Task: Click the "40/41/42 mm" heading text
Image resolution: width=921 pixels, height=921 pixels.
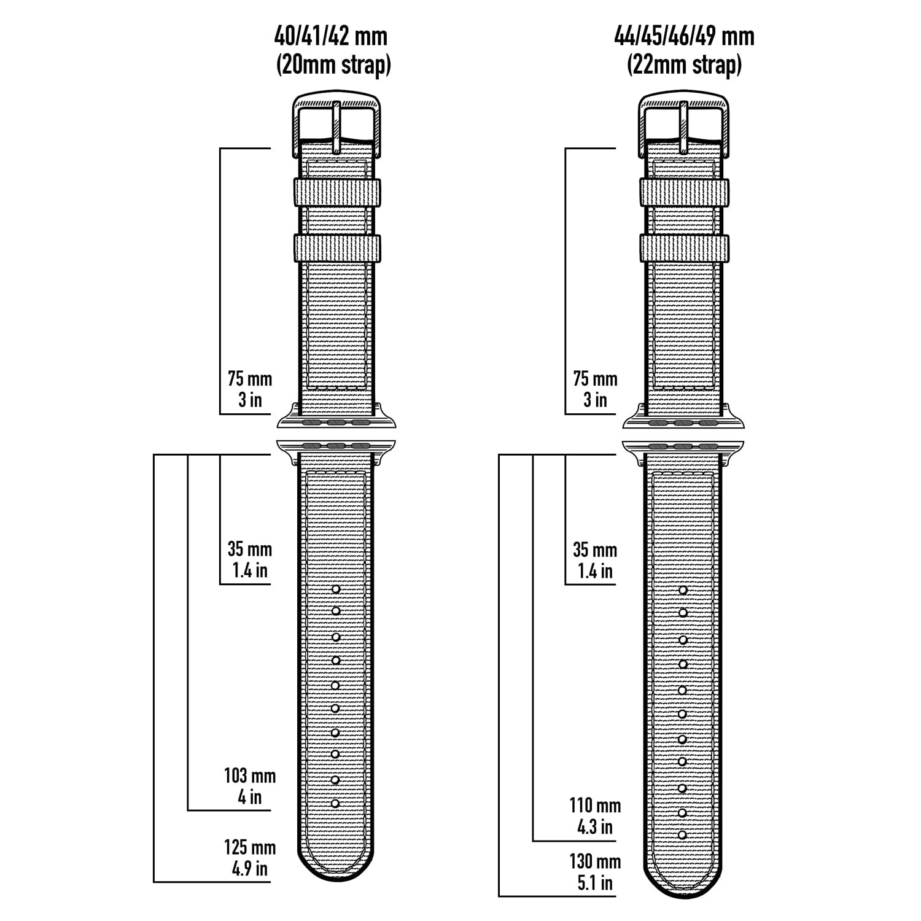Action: tap(332, 36)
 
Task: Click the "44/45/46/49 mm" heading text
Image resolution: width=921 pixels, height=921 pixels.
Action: tap(685, 36)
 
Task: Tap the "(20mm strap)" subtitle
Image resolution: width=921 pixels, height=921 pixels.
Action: tap(333, 64)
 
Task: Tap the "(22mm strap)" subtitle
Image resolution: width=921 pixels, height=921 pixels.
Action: tap(685, 64)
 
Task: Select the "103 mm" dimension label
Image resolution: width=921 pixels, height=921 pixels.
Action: tap(250, 775)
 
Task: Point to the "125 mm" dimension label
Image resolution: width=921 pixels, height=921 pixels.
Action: tap(250, 847)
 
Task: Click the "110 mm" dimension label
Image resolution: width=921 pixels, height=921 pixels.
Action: tap(595, 805)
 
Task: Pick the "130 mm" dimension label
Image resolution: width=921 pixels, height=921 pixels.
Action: tap(595, 861)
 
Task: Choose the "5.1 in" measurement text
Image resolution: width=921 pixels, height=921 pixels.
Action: tap(595, 883)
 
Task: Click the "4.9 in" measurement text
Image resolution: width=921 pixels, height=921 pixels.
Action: tap(250, 869)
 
